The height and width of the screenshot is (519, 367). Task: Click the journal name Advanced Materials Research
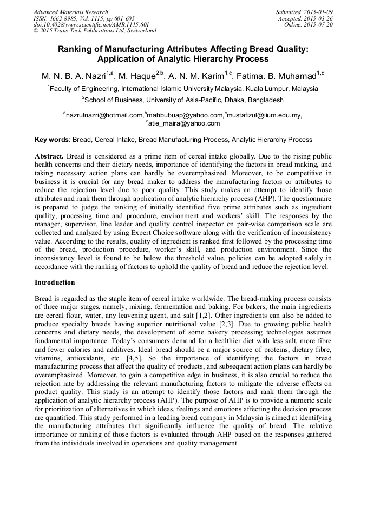[70, 12]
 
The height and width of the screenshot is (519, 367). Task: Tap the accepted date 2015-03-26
[320, 18]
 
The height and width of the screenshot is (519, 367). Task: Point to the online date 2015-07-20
[320, 24]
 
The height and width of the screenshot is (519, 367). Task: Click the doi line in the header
[83, 24]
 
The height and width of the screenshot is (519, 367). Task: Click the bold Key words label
[52, 140]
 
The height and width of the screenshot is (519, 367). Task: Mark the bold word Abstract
[50, 155]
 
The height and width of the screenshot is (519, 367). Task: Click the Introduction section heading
[55, 283]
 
